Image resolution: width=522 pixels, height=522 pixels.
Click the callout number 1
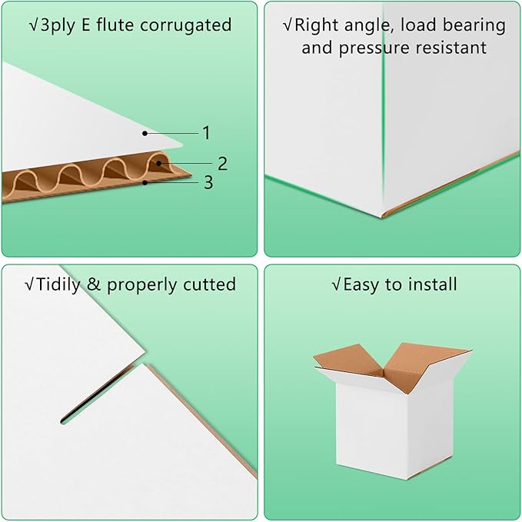coord(206,133)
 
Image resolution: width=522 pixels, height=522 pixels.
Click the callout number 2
coord(222,163)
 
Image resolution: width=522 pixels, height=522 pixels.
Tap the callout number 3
coord(208,183)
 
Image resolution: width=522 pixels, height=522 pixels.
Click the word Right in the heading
coord(318,25)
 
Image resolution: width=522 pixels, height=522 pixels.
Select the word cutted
coord(208,284)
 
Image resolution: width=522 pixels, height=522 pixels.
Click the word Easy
coord(362,284)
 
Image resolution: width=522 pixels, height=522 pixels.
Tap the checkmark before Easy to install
coord(336,284)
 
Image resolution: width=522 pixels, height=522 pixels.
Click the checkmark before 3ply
coord(33,25)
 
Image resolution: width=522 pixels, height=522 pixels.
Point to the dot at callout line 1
coord(144,133)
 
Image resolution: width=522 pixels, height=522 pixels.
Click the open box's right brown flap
coord(431,361)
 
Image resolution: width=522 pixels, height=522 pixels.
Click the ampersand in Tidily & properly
coord(95,284)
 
